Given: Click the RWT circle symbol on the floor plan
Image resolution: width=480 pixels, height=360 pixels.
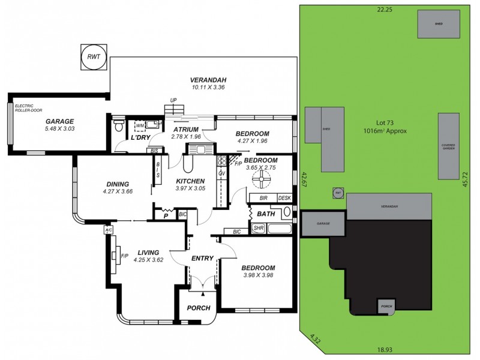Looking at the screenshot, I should click(94, 56).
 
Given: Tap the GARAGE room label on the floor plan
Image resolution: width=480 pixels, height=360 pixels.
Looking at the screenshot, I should click(59, 120).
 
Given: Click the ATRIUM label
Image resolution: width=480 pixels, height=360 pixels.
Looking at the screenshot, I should click(186, 129).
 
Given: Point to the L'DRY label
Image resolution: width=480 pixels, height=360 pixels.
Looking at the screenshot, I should click(140, 138).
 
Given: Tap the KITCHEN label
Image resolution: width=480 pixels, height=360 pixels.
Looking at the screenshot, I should click(191, 181).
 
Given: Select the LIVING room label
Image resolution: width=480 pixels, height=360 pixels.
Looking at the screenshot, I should click(148, 253).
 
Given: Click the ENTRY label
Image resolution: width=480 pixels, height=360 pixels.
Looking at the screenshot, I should click(202, 258).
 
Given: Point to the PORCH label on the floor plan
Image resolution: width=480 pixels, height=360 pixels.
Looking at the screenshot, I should click(199, 308).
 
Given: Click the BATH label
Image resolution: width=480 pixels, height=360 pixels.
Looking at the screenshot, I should click(266, 214).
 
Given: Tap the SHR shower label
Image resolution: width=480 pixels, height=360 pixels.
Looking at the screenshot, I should click(258, 228).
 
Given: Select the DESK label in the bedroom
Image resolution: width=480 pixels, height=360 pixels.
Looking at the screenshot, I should click(284, 198).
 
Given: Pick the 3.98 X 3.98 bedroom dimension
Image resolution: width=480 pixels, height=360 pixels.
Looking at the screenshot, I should click(258, 275).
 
